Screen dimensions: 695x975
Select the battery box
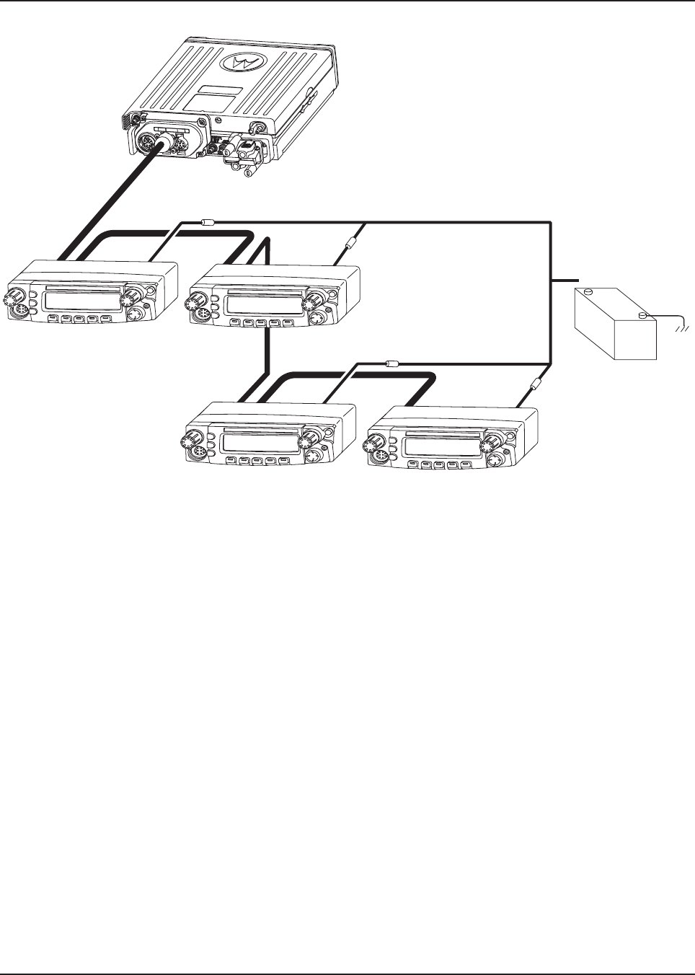[615, 325]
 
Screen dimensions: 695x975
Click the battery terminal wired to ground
[642, 315]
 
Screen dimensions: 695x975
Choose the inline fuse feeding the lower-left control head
[392, 364]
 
